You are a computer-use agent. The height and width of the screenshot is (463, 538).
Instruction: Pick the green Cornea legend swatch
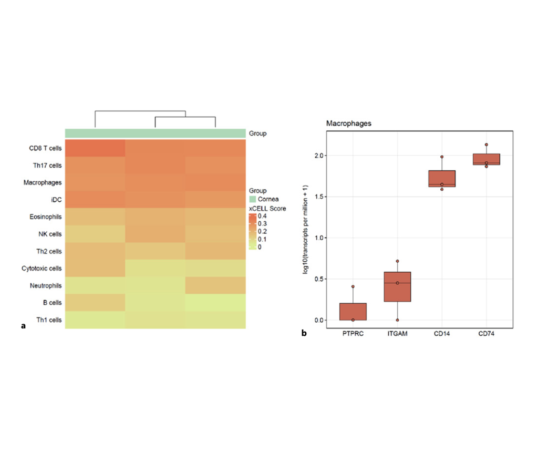click(x=253, y=199)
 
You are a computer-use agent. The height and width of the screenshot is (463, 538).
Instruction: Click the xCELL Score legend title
click(x=267, y=209)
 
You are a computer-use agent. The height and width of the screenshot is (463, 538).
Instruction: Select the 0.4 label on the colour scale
click(x=263, y=215)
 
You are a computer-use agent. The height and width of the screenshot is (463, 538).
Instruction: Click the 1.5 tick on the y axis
click(x=316, y=197)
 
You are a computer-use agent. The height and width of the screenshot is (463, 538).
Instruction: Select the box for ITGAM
click(x=397, y=286)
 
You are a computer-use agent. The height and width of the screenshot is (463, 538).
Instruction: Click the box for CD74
click(x=487, y=159)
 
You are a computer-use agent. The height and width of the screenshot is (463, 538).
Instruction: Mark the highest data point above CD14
click(x=442, y=157)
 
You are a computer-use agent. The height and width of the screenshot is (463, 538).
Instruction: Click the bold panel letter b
click(x=304, y=332)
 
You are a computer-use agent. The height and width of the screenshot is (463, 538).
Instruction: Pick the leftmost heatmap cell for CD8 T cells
click(x=95, y=148)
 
